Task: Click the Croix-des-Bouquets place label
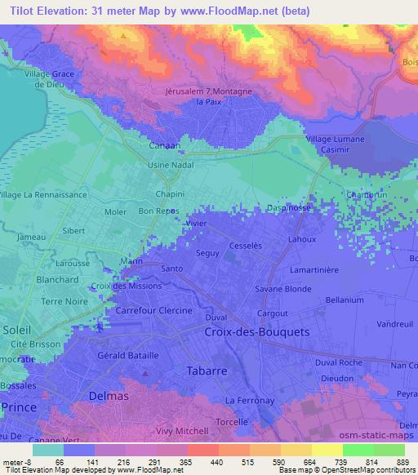[x=251, y=333]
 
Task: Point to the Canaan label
[x=165, y=145]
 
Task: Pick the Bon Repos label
[x=159, y=211]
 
